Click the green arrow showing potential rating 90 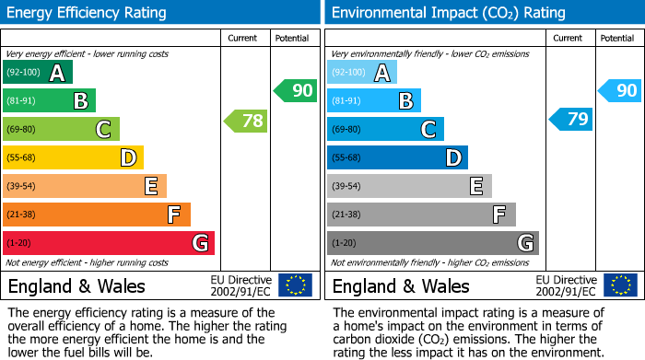coord(295,90)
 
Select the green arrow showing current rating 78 coord(245,120)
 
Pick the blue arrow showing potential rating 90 coord(619,90)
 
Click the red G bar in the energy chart coord(109,243)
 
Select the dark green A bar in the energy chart coord(38,73)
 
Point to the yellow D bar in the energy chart coord(73,157)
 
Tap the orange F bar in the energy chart coord(97,215)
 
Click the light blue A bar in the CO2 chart coord(362,73)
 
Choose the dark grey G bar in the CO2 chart coord(432,243)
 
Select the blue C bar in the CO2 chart coord(385,129)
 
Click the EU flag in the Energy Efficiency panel coord(295,285)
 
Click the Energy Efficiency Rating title coord(88,13)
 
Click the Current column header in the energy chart coord(244,38)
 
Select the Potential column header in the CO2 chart coord(617,38)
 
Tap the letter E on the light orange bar coord(150,186)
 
